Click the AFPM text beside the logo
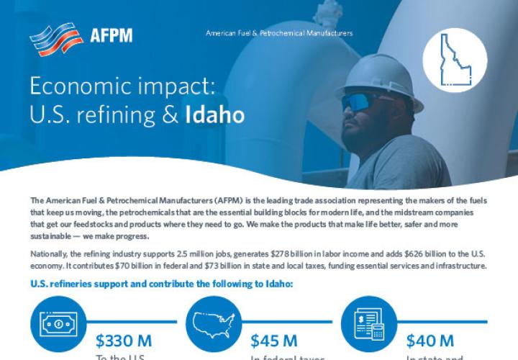pyautogui.click(x=112, y=35)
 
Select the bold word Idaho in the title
pyautogui.click(x=214, y=114)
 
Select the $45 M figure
pyautogui.click(x=274, y=340)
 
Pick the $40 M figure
pyautogui.click(x=430, y=340)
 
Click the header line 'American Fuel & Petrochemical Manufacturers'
pyautogui.click(x=279, y=33)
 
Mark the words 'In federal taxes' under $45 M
pyautogui.click(x=288, y=357)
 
